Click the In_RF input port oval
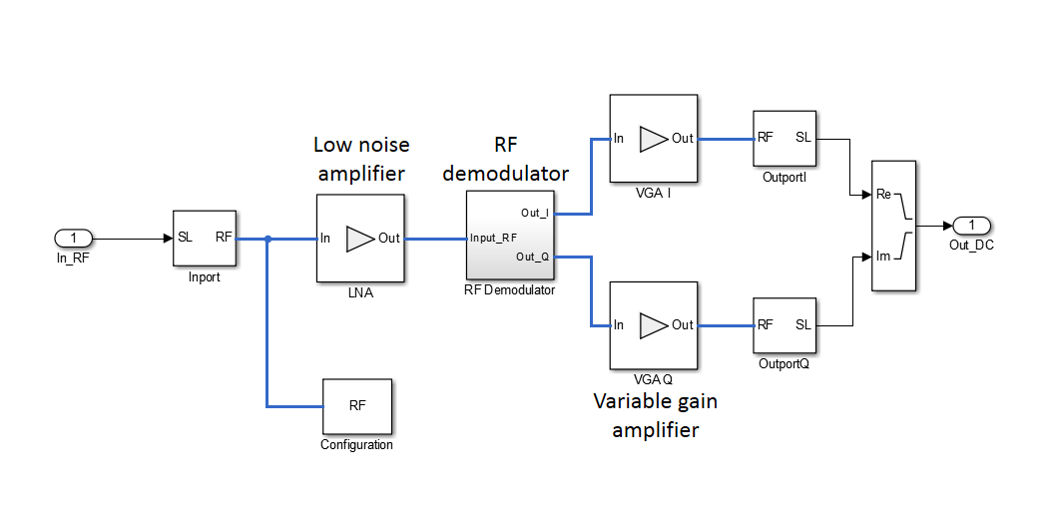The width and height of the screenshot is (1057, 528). click(73, 239)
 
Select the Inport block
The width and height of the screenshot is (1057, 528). click(205, 238)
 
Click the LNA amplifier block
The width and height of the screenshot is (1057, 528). click(360, 238)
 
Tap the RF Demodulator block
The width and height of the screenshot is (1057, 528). click(510, 237)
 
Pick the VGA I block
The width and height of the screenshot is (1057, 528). click(653, 138)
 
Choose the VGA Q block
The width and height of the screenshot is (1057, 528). click(653, 324)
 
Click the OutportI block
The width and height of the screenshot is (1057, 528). click(784, 138)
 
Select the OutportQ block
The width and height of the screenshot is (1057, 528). click(784, 324)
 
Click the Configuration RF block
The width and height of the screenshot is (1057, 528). click(356, 406)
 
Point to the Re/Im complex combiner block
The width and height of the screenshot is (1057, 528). click(893, 226)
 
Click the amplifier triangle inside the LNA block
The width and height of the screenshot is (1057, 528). click(358, 239)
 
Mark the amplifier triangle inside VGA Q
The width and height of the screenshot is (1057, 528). click(653, 324)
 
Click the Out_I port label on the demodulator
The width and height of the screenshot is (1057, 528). click(535, 213)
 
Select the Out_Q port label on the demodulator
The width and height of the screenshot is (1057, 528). click(534, 258)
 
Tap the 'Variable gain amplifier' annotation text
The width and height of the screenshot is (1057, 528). click(655, 415)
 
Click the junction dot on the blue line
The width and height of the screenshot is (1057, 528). click(267, 239)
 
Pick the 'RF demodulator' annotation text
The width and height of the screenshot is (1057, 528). click(506, 159)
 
